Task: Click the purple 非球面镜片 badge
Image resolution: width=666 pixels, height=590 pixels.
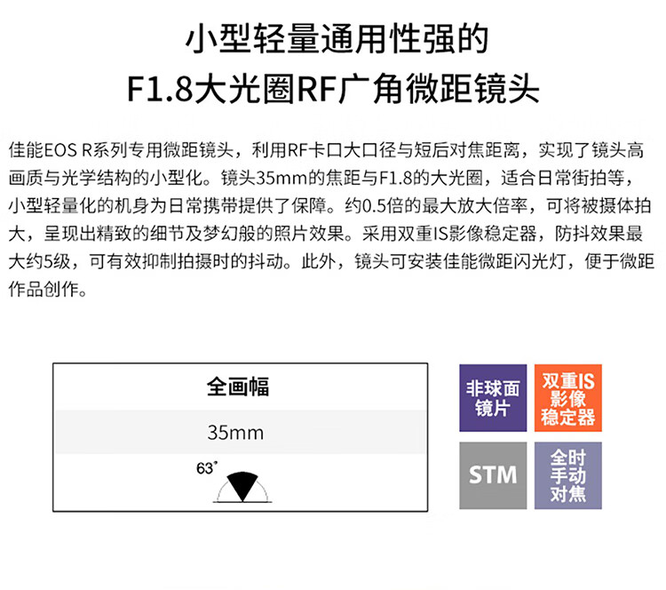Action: tap(494, 398)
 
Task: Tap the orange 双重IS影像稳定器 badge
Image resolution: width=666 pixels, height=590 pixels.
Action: tap(567, 398)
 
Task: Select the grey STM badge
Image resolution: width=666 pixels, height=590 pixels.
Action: tap(494, 474)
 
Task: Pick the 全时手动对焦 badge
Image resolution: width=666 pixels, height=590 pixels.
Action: tap(567, 474)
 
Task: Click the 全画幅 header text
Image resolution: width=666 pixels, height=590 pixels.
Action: tap(237, 387)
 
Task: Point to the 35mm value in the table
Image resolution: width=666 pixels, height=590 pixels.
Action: tap(235, 434)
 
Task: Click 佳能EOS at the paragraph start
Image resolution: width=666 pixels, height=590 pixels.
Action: tap(41, 147)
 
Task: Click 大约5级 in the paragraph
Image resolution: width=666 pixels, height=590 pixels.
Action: tap(39, 263)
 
